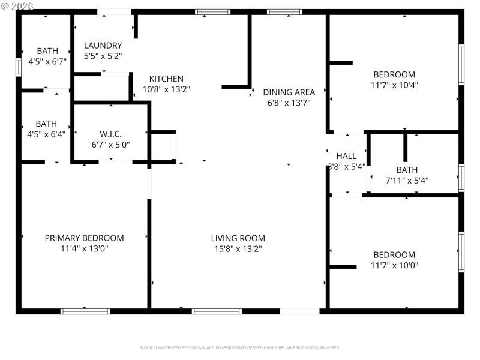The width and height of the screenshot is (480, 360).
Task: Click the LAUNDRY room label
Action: pyautogui.click(x=103, y=46)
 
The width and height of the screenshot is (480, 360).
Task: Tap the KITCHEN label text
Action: pyautogui.click(x=166, y=79)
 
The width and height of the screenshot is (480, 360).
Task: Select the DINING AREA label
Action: pyautogui.click(x=289, y=92)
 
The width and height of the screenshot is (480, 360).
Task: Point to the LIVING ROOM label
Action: pyautogui.click(x=238, y=238)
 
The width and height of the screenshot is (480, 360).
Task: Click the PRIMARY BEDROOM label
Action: pyautogui.click(x=84, y=238)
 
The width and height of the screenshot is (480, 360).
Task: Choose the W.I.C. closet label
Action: pyautogui.click(x=110, y=134)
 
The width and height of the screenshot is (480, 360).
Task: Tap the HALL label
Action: pyautogui.click(x=346, y=156)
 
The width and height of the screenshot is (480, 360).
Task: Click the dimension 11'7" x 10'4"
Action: pyautogui.click(x=394, y=85)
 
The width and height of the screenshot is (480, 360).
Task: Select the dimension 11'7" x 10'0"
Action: pyautogui.click(x=394, y=265)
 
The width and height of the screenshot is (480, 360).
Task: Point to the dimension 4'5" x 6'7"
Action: pyautogui.click(x=47, y=61)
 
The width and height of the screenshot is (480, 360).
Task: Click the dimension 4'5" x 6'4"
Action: pyautogui.click(x=47, y=134)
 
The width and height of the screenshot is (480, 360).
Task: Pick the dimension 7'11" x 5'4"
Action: pyautogui.click(x=407, y=180)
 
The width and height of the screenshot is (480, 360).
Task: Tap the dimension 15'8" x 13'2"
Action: pyautogui.click(x=238, y=248)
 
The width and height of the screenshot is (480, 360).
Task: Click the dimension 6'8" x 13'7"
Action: pyautogui.click(x=289, y=103)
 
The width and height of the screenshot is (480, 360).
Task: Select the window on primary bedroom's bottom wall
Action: pyautogui.click(x=85, y=311)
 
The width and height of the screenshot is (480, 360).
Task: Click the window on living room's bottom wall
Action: pyautogui.click(x=217, y=311)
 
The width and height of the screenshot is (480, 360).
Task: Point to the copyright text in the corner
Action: pyautogui.click(x=17, y=5)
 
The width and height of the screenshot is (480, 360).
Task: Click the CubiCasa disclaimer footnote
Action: pyautogui.click(x=239, y=347)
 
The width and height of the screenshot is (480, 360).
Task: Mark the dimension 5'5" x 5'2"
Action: pyautogui.click(x=103, y=56)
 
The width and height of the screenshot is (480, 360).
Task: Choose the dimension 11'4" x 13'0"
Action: pyautogui.click(x=84, y=248)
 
